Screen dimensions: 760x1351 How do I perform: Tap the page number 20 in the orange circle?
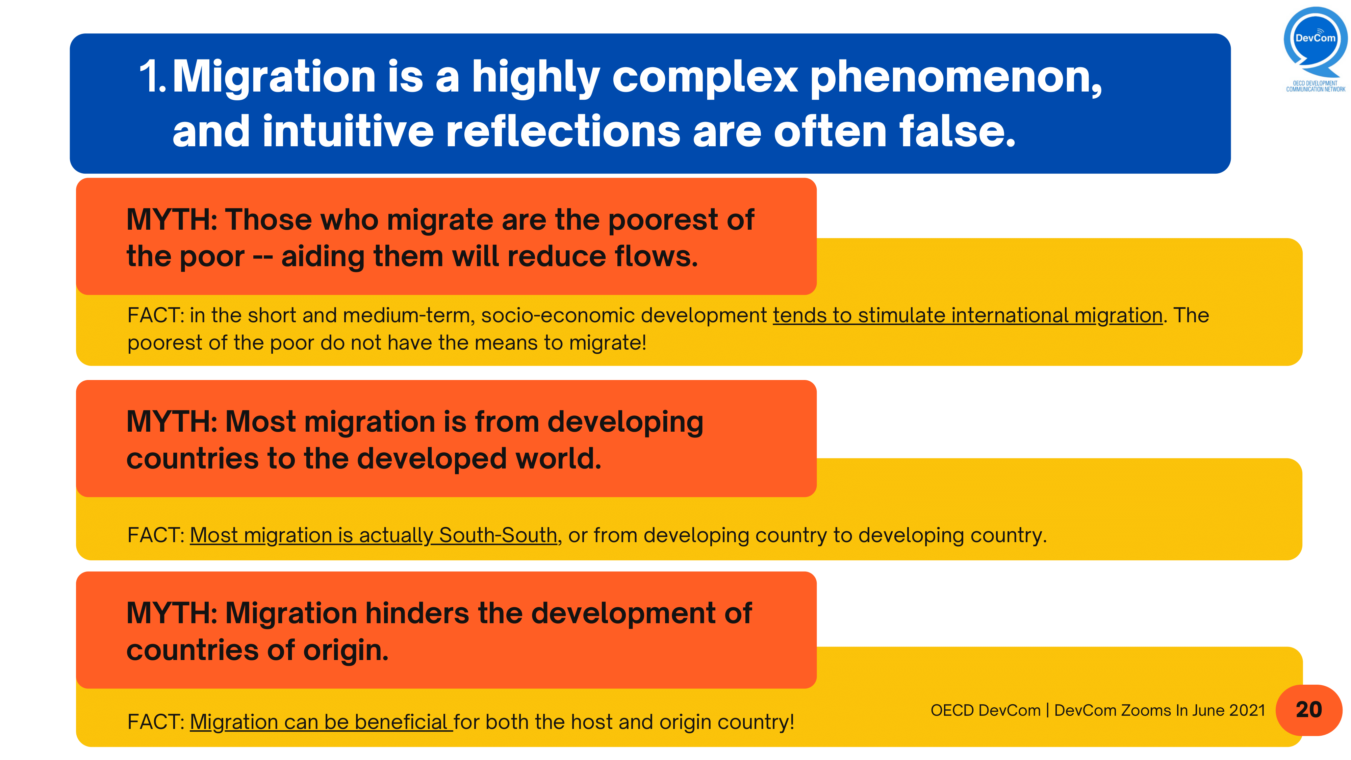(1308, 710)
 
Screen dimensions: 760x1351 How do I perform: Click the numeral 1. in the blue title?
(153, 77)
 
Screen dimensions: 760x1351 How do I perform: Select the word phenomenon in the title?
(955, 77)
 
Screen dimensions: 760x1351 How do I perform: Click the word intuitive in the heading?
(348, 131)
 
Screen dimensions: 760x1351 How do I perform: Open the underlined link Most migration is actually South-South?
(373, 535)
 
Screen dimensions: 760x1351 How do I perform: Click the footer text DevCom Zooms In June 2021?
(1159, 710)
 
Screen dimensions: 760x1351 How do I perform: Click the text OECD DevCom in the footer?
(985, 710)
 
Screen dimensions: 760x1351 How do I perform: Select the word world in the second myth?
(558, 459)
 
